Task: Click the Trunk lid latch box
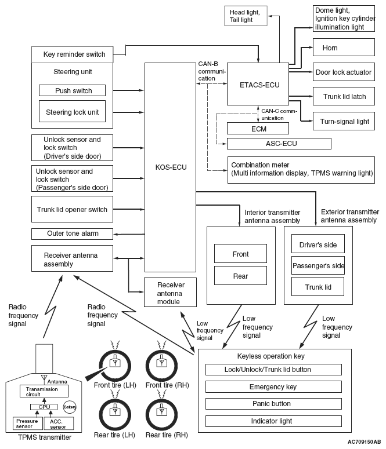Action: (x=343, y=96)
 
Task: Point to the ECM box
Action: (x=258, y=129)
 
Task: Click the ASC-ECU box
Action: (x=279, y=144)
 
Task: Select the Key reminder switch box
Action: (x=74, y=54)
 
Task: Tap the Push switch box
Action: (x=73, y=91)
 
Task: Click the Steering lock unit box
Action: (x=73, y=111)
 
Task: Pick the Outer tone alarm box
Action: (x=73, y=233)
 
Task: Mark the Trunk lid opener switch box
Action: (x=73, y=209)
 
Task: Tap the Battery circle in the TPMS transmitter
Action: (x=70, y=407)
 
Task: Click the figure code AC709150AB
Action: (x=360, y=442)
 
